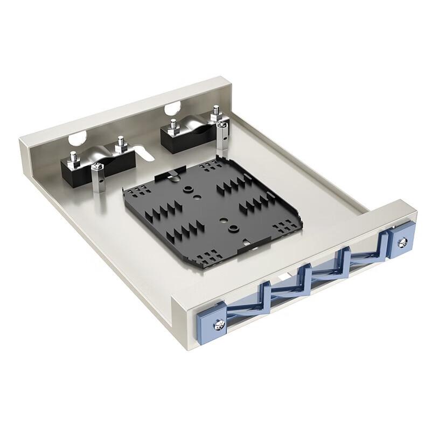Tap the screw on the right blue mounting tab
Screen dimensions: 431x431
click(401, 243)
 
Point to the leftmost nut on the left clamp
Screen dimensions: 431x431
click(73, 159)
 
